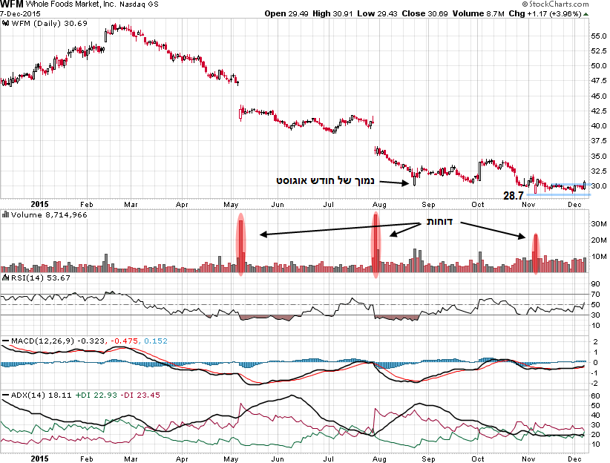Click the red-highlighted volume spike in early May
(x=240, y=245)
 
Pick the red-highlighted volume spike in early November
(x=535, y=255)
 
